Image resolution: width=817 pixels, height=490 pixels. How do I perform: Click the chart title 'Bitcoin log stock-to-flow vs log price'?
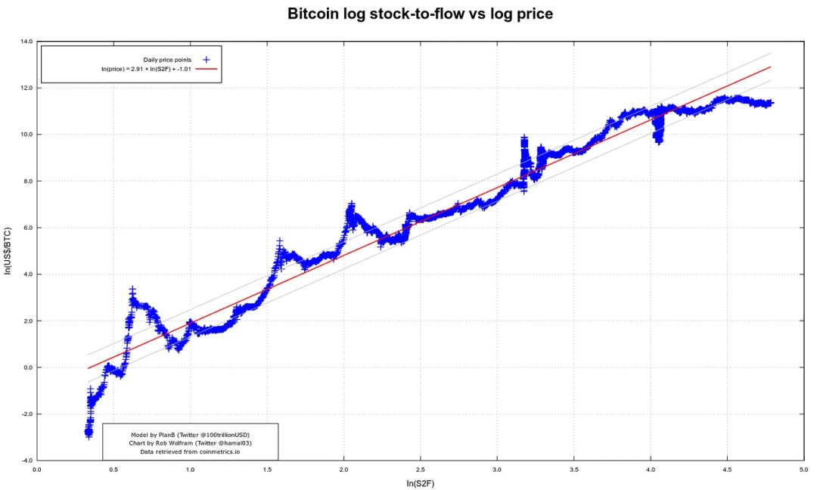pyautogui.click(x=420, y=14)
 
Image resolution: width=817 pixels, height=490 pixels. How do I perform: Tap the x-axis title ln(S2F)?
pyautogui.click(x=420, y=483)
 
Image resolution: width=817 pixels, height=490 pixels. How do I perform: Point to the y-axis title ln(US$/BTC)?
pyautogui.click(x=8, y=250)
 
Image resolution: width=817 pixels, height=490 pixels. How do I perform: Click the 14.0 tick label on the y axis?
pyautogui.click(x=26, y=42)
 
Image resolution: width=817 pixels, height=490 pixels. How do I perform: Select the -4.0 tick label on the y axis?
pyautogui.click(x=26, y=461)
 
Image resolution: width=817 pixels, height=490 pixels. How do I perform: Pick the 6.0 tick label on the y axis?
pyautogui.click(x=26, y=228)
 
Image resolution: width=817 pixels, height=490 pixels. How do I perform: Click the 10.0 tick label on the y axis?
pyautogui.click(x=26, y=135)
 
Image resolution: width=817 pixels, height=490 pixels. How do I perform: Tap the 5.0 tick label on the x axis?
pyautogui.click(x=803, y=469)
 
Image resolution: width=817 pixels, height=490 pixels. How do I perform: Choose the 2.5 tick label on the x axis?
pyautogui.click(x=420, y=469)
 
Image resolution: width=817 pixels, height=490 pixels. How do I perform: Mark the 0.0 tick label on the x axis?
pyautogui.click(x=37, y=469)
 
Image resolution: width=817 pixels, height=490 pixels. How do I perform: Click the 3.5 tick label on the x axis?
pyautogui.click(x=573, y=469)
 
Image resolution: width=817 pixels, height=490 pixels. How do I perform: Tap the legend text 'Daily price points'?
pyautogui.click(x=167, y=59)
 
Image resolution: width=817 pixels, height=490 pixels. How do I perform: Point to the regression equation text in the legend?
pyautogui.click(x=146, y=69)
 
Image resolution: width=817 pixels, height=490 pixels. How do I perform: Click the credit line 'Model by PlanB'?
pyautogui.click(x=190, y=435)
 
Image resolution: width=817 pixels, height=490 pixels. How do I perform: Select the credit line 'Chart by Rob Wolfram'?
pyautogui.click(x=190, y=443)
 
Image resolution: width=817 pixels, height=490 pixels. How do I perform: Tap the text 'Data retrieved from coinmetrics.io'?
pyautogui.click(x=190, y=451)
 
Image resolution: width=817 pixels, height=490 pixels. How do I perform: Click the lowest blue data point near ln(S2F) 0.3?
pyautogui.click(x=89, y=436)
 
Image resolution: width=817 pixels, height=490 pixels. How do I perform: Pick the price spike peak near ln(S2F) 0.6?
pyautogui.click(x=132, y=290)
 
